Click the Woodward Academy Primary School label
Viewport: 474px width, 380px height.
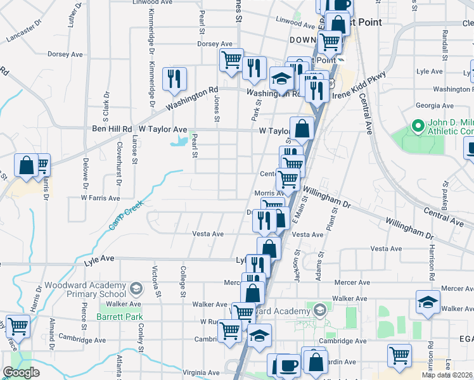pos(87,289)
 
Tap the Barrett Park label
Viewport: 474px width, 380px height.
pos(113,316)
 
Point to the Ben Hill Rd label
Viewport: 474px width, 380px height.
pos(111,129)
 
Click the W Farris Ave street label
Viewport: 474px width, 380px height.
pos(100,198)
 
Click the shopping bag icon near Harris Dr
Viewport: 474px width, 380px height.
pos(27,166)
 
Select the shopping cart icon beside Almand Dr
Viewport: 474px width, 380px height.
pos(18,327)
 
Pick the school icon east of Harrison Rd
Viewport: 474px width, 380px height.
pos(428,302)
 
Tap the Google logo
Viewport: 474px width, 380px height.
pos(20,372)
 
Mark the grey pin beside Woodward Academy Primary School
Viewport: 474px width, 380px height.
pos(135,289)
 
